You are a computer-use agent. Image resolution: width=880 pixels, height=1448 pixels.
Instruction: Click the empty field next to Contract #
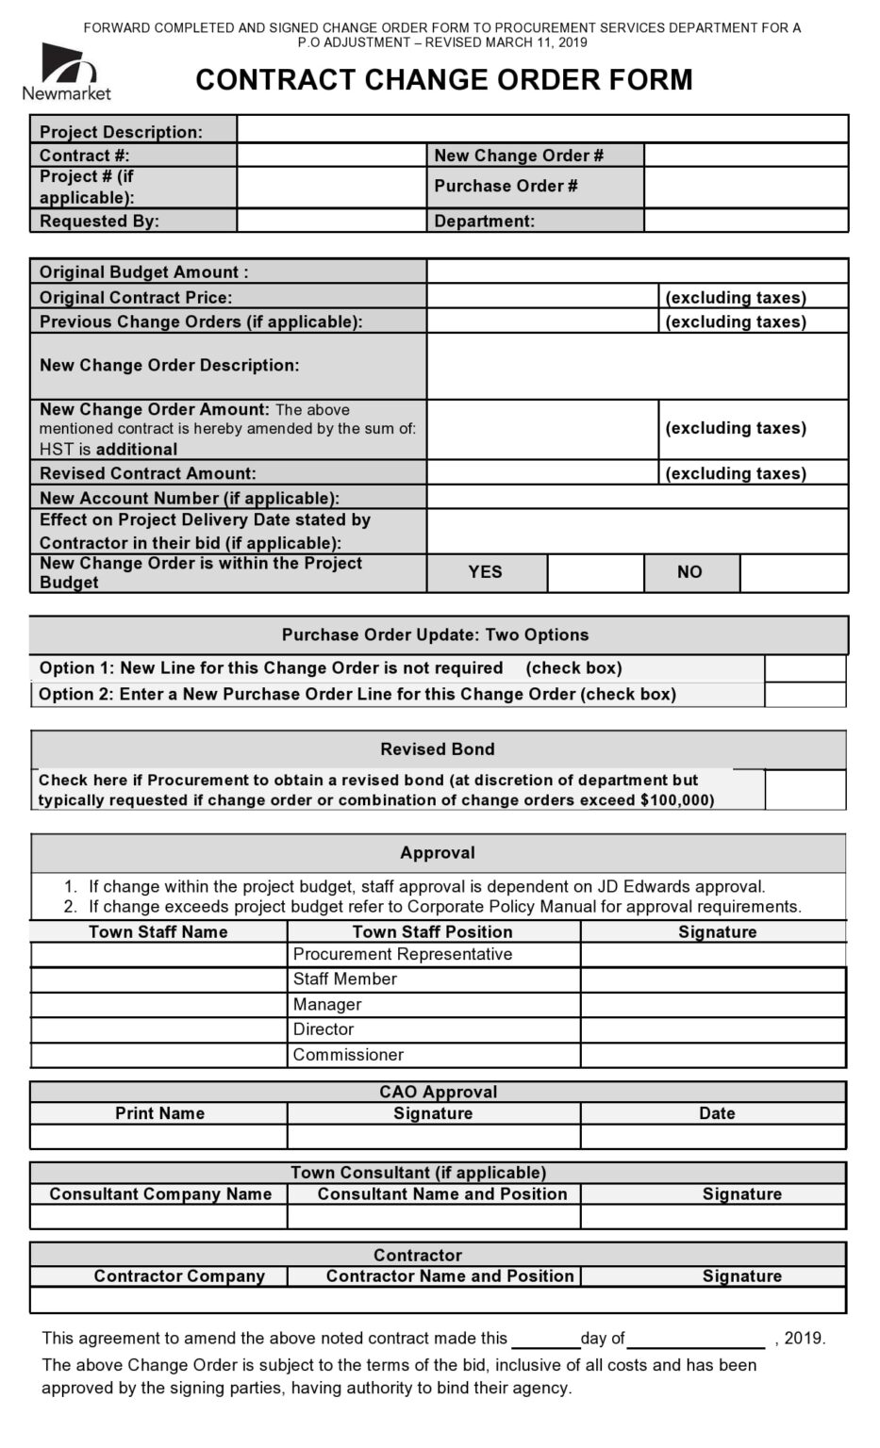pyautogui.click(x=331, y=156)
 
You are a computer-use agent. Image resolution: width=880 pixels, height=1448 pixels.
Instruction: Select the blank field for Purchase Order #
pyautogui.click(x=745, y=187)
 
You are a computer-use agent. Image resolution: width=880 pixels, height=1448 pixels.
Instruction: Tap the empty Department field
pyautogui.click(x=745, y=221)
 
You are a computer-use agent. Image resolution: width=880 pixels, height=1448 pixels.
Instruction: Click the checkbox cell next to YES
pyautogui.click(x=595, y=572)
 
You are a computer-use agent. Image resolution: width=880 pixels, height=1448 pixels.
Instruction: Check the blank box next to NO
pyautogui.click(x=793, y=572)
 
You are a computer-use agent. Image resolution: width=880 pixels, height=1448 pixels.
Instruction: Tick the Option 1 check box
pyautogui.click(x=805, y=668)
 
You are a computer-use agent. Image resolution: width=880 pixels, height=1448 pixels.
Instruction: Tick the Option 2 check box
pyautogui.click(x=805, y=695)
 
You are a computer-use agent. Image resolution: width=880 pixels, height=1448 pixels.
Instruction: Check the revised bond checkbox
pyautogui.click(x=805, y=790)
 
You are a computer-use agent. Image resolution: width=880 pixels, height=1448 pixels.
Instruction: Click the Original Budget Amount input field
pyautogui.click(x=637, y=271)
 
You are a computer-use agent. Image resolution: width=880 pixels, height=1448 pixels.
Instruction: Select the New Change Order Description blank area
pyautogui.click(x=637, y=366)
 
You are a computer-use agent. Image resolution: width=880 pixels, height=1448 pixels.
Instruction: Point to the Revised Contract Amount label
pyautogui.click(x=147, y=473)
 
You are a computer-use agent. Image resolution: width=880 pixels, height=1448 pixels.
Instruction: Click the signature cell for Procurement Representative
pyautogui.click(x=712, y=954)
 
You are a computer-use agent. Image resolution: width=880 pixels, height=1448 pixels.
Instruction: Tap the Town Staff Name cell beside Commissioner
pyautogui.click(x=158, y=1055)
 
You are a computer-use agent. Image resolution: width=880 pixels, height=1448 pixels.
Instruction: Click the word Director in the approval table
pyautogui.click(x=324, y=1029)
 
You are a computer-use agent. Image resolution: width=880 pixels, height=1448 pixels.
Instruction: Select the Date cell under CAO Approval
pyautogui.click(x=712, y=1137)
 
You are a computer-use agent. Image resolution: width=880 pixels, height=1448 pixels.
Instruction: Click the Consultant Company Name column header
pyautogui.click(x=160, y=1193)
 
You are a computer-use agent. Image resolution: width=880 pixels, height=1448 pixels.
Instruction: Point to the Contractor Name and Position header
pyautogui.click(x=450, y=1275)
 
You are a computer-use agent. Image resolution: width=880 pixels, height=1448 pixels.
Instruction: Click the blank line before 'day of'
pyautogui.click(x=544, y=1339)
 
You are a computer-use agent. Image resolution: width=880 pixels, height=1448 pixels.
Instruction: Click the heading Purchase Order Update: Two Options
pyautogui.click(x=435, y=634)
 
